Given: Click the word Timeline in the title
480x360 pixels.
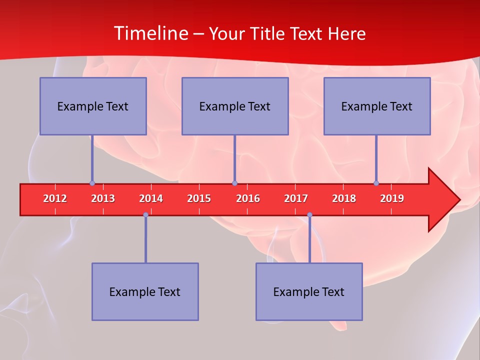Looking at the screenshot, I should pyautogui.click(x=150, y=33).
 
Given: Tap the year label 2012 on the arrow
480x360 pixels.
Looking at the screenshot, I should pyautogui.click(x=55, y=198).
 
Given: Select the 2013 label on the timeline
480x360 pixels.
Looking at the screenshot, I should pyautogui.click(x=103, y=198).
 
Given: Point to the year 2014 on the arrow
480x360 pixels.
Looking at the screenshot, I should pyautogui.click(x=151, y=198).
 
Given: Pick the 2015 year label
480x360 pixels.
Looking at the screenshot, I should pyautogui.click(x=199, y=198).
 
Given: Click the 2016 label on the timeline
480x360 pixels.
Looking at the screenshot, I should pyautogui.click(x=248, y=198).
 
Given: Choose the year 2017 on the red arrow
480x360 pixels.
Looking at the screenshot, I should pyautogui.click(x=296, y=198).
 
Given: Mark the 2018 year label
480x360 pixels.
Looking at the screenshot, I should pyautogui.click(x=344, y=198).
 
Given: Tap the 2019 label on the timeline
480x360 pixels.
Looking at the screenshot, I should pyautogui.click(x=392, y=198).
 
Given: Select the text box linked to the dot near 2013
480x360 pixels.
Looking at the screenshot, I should pyautogui.click(x=93, y=106).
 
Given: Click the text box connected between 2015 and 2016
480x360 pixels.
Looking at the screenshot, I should pyautogui.click(x=235, y=106).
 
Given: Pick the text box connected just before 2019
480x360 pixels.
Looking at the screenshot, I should pyautogui.click(x=377, y=106).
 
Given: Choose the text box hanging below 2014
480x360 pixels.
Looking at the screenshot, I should pyautogui.click(x=145, y=291).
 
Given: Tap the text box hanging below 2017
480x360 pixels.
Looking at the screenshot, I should pyautogui.click(x=309, y=291).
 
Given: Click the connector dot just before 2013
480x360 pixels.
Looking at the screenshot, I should pyautogui.click(x=92, y=183).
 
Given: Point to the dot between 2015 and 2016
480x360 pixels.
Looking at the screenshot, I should pyautogui.click(x=234, y=183).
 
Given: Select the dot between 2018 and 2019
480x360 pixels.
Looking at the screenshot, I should pyautogui.click(x=376, y=183).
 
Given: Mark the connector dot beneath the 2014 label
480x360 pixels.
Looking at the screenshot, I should pyautogui.click(x=145, y=215).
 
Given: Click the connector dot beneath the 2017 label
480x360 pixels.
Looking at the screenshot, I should pyautogui.click(x=309, y=215).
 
